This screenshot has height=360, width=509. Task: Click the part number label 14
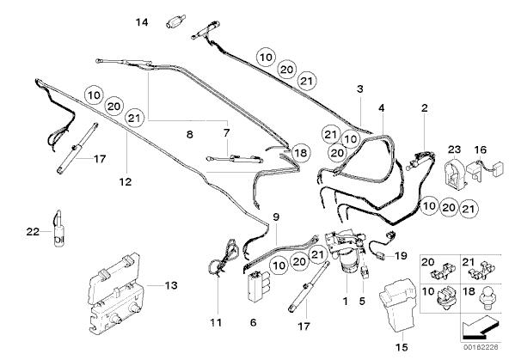point(142,22)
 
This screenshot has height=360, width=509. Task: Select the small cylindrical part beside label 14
point(175,21)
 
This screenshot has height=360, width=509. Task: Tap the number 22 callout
point(33,232)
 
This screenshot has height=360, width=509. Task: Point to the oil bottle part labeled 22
point(58,229)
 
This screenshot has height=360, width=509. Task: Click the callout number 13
point(171,285)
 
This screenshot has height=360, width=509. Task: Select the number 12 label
point(126,182)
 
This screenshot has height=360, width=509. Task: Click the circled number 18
point(301,152)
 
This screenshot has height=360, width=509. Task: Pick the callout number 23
point(454,149)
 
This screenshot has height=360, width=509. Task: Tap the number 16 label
point(481,149)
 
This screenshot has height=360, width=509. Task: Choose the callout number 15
point(402,347)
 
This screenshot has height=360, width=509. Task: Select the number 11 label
point(216,323)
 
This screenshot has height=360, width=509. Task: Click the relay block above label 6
point(258,285)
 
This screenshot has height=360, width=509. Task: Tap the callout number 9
point(276,217)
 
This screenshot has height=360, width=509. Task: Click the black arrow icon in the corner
point(480,327)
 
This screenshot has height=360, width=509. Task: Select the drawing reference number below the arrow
point(481,347)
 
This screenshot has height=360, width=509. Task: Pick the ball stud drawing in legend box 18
point(486,296)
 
